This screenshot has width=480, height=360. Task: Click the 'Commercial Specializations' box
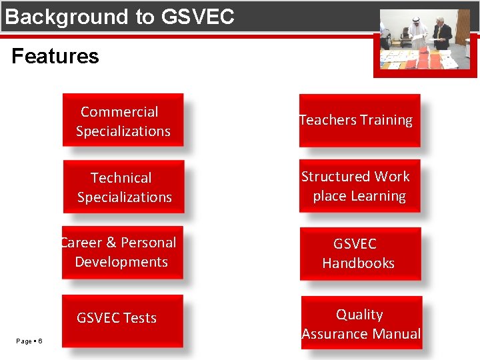(123, 121)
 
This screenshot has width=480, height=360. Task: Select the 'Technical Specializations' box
(124, 187)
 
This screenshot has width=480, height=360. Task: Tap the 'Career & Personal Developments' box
(122, 253)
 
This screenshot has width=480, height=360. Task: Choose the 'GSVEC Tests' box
(122, 319)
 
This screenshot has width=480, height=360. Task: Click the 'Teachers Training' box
(359, 121)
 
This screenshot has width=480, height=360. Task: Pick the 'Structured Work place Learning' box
(359, 186)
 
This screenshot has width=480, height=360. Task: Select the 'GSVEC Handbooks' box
(360, 253)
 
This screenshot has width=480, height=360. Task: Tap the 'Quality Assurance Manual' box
(361, 323)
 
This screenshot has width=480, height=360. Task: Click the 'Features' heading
(55, 56)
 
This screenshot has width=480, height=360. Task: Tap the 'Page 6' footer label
(29, 341)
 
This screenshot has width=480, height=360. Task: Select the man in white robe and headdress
(419, 33)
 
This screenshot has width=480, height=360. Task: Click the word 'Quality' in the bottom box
(359, 314)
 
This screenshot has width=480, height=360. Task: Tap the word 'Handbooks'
(358, 263)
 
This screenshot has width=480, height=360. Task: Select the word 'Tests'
(139, 318)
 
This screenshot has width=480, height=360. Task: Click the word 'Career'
(78, 243)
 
